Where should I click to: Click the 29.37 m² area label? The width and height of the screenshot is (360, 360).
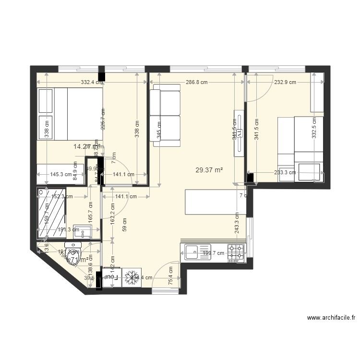click(209, 169)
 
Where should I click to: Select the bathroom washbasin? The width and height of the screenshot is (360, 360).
click(85, 233)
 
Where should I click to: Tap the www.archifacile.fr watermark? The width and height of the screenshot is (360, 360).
click(331, 317)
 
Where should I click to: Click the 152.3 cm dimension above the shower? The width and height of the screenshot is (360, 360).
click(61, 196)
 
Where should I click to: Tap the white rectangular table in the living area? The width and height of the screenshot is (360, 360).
click(215, 202)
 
